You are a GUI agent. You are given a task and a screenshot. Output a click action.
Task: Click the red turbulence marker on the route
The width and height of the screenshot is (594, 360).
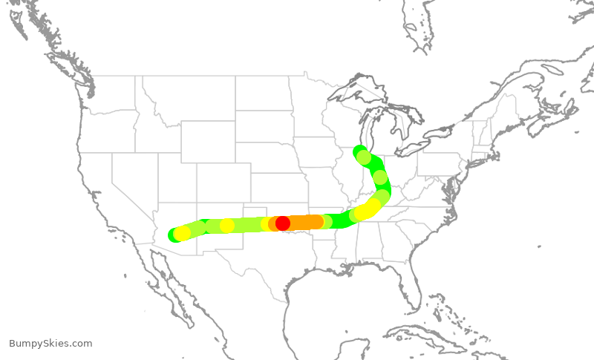283,223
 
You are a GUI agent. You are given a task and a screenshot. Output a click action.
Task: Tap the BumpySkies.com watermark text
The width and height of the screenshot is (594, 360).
50,344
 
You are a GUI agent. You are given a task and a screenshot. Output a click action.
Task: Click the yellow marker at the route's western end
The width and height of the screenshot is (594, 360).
182,233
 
